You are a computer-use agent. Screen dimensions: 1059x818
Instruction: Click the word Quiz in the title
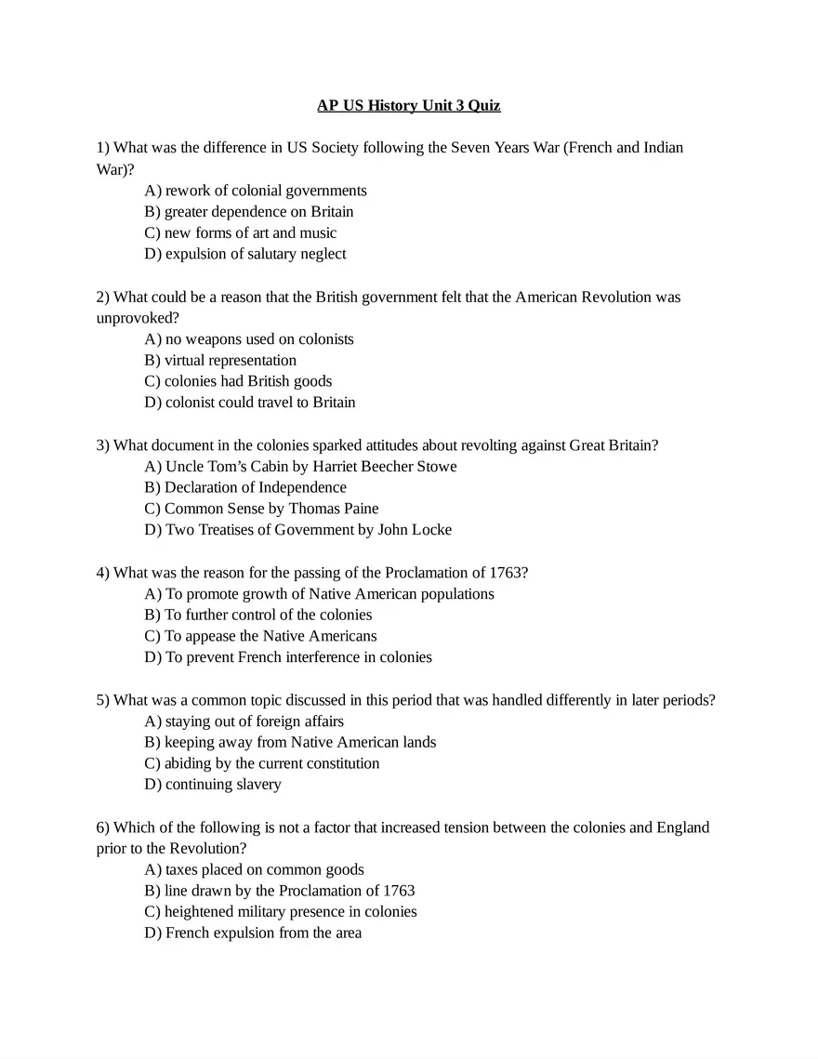(x=483, y=106)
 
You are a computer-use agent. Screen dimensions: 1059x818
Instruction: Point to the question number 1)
(x=103, y=148)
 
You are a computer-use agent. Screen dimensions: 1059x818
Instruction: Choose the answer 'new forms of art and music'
(x=241, y=232)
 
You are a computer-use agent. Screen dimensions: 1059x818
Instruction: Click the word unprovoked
(x=138, y=318)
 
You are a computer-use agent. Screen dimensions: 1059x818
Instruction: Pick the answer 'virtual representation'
(x=220, y=360)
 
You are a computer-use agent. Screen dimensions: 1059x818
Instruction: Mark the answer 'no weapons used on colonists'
(x=249, y=339)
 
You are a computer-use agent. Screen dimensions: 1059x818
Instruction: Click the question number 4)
(x=103, y=572)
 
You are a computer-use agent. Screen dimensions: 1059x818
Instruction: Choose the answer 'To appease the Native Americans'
(x=260, y=636)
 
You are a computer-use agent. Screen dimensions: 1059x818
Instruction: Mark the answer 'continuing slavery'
(x=213, y=784)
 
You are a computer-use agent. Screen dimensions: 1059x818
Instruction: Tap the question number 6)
(x=103, y=827)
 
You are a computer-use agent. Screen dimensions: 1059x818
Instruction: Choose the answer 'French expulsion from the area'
(x=253, y=933)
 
